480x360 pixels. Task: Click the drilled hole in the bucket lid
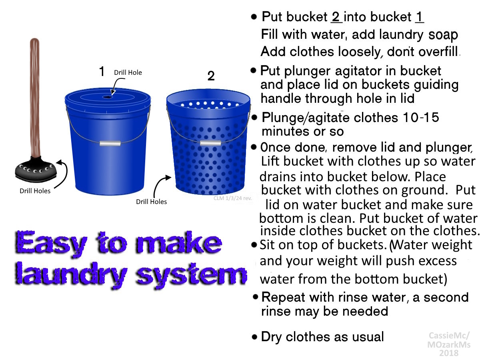coord(108,97)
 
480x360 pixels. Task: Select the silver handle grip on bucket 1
coord(110,143)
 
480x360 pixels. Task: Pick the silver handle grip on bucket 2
coord(210,143)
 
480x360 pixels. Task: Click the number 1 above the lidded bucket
coord(102,71)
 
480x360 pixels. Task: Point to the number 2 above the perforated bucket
coord(211,76)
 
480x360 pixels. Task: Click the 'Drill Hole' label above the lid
coord(128,72)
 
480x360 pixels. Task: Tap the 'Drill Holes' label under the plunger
coord(35,191)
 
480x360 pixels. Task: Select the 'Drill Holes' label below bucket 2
coord(151,202)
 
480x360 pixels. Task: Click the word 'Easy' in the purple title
coord(51,243)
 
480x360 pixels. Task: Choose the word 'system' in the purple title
coord(191,276)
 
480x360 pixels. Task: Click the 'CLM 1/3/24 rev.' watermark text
coord(233,198)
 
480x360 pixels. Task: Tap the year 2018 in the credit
coord(449,353)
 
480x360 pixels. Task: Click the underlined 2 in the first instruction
coord(336,17)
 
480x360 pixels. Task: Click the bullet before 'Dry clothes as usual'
coord(254,337)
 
